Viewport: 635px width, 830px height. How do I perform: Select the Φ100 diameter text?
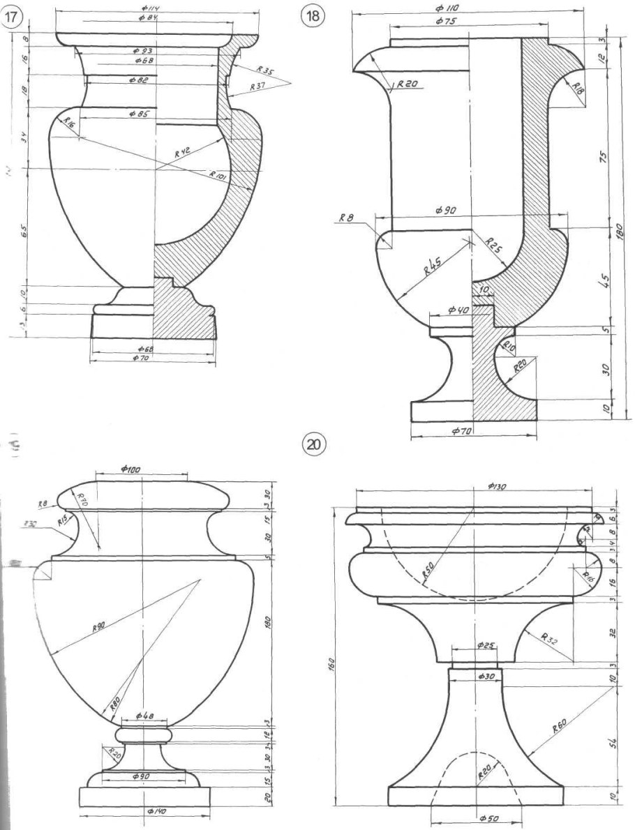128,470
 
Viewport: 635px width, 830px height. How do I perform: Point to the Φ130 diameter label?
495,485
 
